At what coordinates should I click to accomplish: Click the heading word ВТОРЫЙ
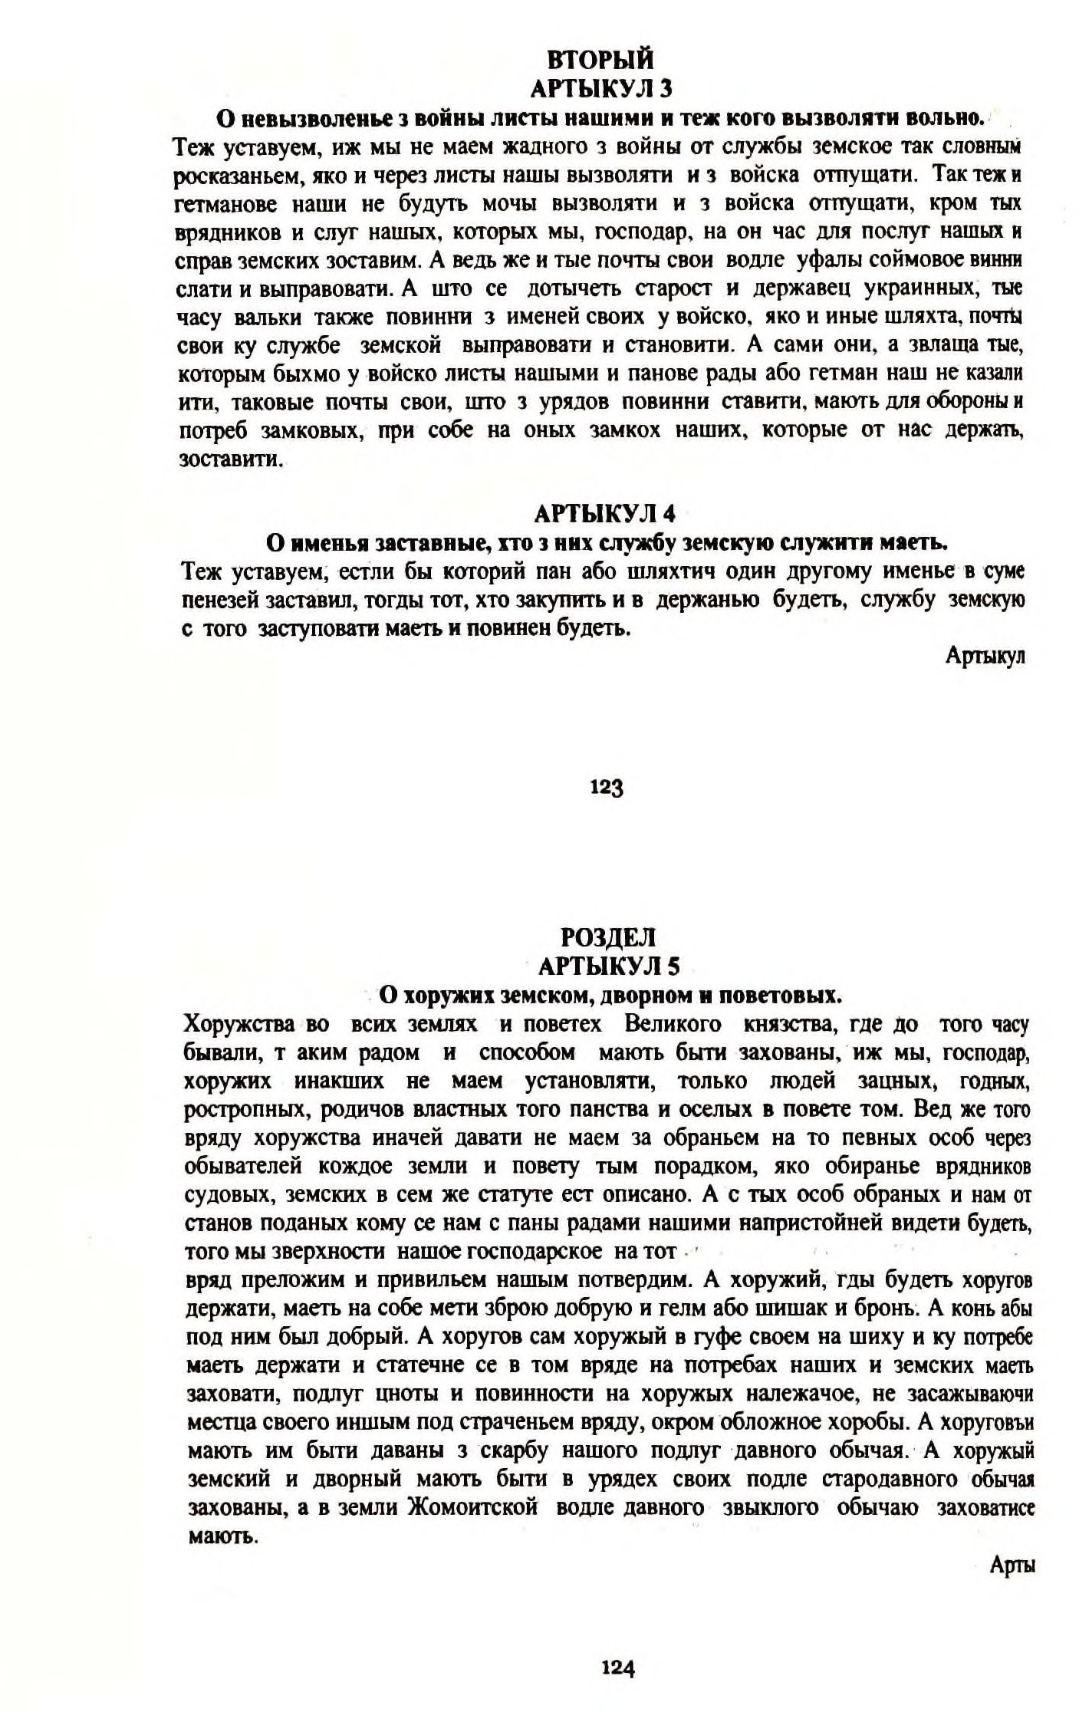click(x=600, y=59)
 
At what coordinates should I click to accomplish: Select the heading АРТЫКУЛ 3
click(x=600, y=88)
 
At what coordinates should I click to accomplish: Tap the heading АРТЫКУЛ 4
click(x=604, y=512)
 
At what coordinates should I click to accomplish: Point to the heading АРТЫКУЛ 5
click(x=609, y=965)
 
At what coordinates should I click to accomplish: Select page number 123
click(x=605, y=787)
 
